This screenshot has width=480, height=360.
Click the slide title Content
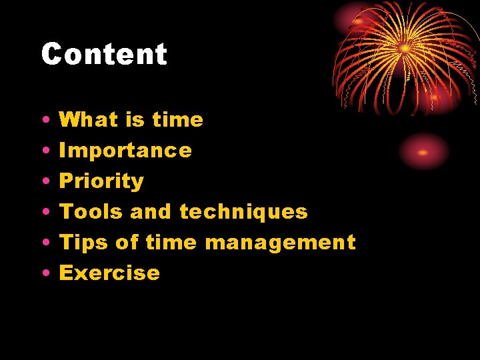coord(104,54)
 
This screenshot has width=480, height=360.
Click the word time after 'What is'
coord(177,120)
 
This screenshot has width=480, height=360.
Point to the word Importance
coord(125,151)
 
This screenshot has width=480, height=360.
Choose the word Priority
coord(101,181)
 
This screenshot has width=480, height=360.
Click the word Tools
coord(91,212)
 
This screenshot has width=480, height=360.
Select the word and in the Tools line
coord(151,212)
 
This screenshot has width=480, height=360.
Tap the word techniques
coord(243,212)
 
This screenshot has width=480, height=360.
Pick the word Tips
coord(84,243)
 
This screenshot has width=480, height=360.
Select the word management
coord(280,243)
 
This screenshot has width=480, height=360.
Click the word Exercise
coord(110,273)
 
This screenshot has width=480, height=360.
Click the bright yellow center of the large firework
coord(405,49)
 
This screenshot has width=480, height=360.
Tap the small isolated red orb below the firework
coord(423,152)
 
